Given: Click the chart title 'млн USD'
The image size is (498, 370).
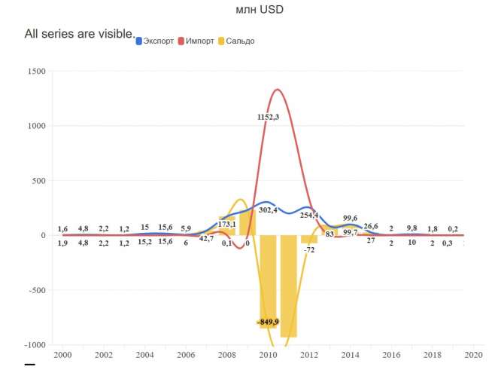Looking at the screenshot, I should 260,10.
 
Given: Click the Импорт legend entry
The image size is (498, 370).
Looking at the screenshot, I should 199,41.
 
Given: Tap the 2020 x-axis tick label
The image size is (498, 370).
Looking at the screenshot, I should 473,355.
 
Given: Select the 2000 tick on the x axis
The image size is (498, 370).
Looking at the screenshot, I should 63,355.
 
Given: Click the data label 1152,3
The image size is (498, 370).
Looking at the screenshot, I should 268,117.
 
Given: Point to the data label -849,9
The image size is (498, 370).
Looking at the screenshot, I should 267,322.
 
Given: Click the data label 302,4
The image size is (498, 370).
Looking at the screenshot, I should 268,210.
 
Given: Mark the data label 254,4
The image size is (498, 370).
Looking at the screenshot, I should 308,216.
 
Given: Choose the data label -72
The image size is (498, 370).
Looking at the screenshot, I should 308,249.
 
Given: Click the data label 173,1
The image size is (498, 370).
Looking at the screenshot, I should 227,225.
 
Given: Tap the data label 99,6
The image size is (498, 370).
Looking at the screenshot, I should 350,219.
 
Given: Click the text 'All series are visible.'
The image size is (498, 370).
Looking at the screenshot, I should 79,34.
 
